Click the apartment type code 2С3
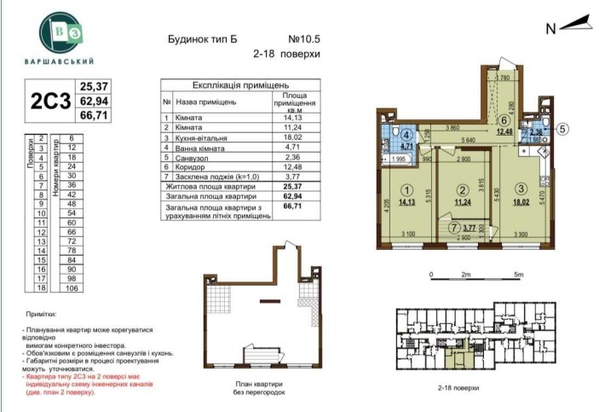click(x=49, y=101)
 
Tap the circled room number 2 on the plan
click(x=461, y=191)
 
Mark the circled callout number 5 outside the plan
click(x=563, y=130)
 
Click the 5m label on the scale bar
click(x=519, y=275)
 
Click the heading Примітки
click(x=41, y=314)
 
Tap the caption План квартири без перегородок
click(x=256, y=389)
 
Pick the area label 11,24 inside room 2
click(x=461, y=204)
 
